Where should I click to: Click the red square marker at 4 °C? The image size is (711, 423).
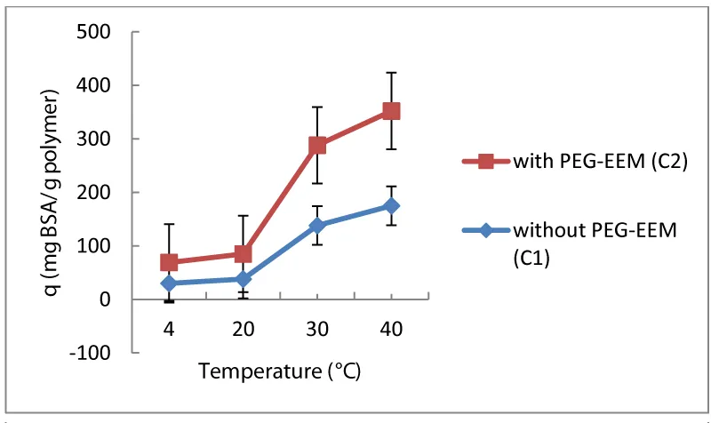tap(169, 262)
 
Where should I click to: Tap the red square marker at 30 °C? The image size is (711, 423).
tap(317, 145)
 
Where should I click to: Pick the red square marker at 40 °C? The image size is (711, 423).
tap(391, 111)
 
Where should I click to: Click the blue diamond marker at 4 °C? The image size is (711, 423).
tap(169, 283)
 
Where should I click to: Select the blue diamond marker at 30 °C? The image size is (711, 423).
tap(317, 226)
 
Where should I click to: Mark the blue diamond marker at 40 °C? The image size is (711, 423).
tap(391, 206)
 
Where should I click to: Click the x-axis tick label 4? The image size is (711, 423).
tap(169, 329)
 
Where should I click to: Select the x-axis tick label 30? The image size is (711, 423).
tap(317, 329)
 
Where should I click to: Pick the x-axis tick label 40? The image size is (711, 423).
tap(391, 329)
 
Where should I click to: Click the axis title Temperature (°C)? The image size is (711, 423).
tap(279, 371)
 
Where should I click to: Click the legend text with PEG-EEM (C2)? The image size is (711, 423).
tap(602, 163)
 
